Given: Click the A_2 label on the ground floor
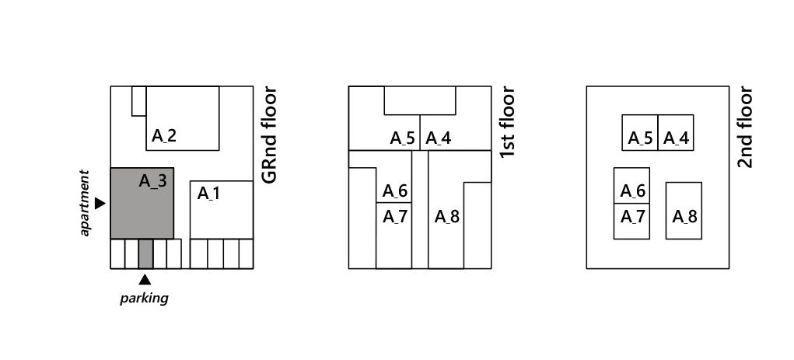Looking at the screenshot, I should click(164, 135).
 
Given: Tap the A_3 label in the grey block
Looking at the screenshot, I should click(152, 181).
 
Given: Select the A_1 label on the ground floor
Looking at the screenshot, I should click(208, 193).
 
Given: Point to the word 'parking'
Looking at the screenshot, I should click(144, 298).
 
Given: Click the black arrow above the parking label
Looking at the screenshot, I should click(145, 280).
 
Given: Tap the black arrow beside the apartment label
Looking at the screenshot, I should click(100, 203).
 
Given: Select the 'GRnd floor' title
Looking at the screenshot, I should click(270, 135).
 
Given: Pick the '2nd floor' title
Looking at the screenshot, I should click(746, 128).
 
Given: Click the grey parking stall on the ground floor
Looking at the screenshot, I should click(145, 253).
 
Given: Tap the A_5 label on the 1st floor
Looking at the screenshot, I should click(403, 139).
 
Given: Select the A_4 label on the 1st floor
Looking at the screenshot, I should click(438, 139).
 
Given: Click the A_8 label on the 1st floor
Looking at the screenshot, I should click(446, 216).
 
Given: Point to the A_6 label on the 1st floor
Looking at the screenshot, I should click(394, 191).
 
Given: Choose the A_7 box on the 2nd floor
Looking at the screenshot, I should click(631, 221).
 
